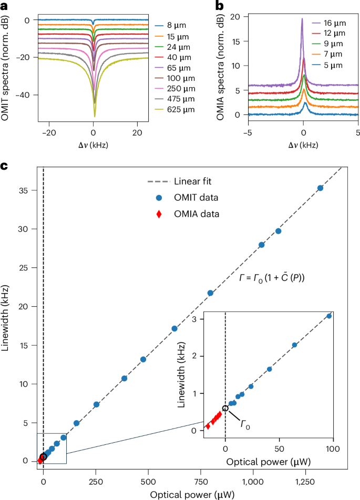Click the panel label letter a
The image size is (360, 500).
4,5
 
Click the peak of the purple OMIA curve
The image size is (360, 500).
302,19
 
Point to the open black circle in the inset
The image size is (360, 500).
225,408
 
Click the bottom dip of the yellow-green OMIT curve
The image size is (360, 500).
95,116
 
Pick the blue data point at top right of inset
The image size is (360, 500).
329,316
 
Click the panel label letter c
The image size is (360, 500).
4,166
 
